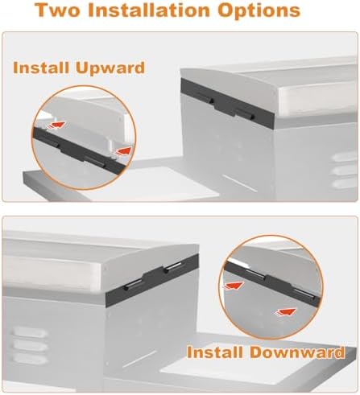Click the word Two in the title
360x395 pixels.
[x=58, y=10]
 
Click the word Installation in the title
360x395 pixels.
[x=149, y=10]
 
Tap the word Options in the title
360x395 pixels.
[x=259, y=10]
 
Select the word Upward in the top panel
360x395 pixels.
[x=110, y=68]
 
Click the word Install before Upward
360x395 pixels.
[x=41, y=68]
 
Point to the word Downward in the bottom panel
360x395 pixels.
[x=297, y=352]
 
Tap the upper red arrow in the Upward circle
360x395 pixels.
[x=55, y=125]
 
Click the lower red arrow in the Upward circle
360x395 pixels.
[x=123, y=151]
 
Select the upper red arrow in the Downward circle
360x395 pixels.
[x=233, y=286]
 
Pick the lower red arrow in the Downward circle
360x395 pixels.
[x=285, y=312]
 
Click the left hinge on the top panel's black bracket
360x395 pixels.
[x=205, y=98]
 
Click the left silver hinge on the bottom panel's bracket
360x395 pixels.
[x=132, y=285]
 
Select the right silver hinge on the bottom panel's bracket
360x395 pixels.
[x=172, y=268]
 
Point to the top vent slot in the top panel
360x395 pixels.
[x=346, y=157]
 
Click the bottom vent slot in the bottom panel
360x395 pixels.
[x=29, y=359]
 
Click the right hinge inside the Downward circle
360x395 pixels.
[x=305, y=294]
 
